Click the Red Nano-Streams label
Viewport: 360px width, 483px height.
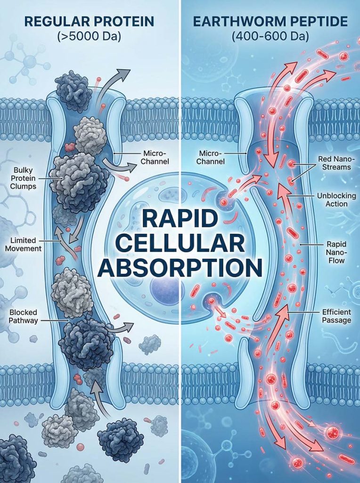[x=335, y=163]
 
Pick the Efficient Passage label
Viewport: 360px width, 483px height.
[x=336, y=316]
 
